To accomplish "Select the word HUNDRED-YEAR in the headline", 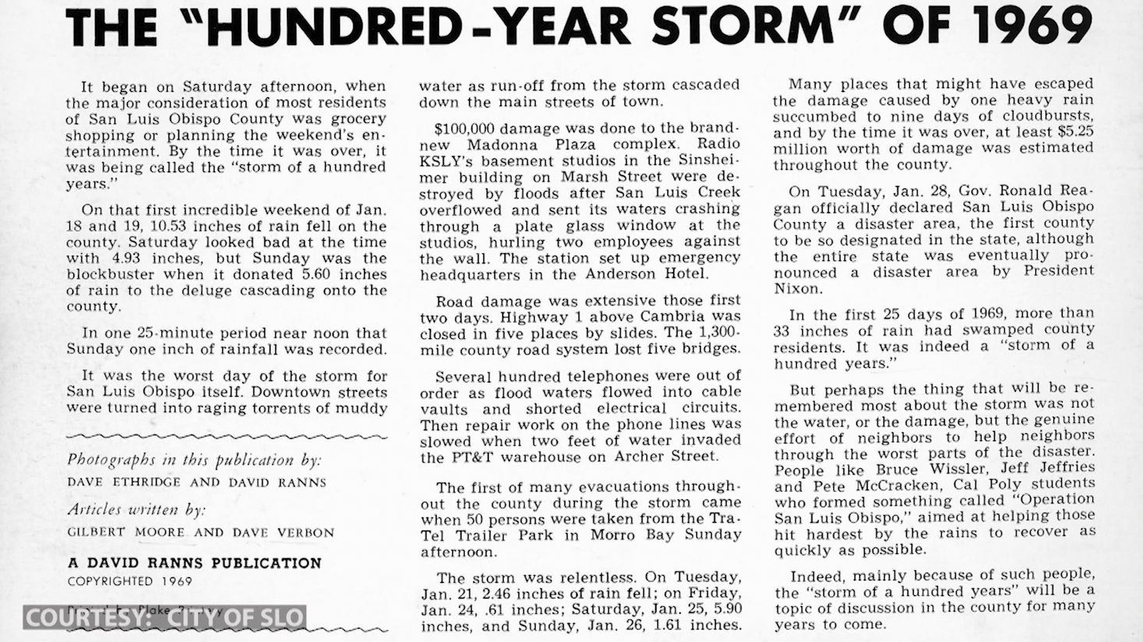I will (x=414, y=27).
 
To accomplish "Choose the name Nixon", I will (x=797, y=288).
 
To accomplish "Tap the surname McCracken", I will (x=855, y=486).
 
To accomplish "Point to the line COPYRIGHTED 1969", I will (x=129, y=581).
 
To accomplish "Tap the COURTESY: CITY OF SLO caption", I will (x=164, y=619).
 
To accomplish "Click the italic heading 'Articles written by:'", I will (x=136, y=510).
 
